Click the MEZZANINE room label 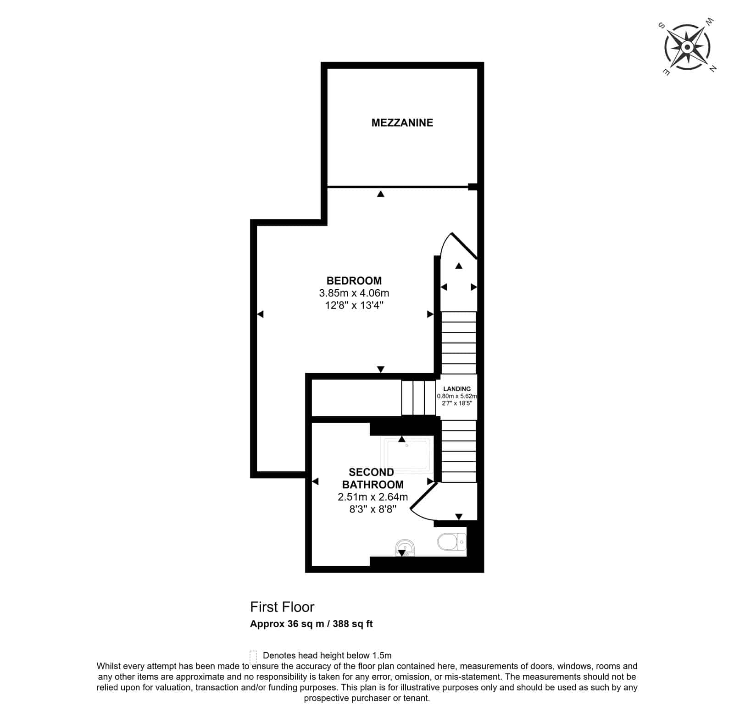402,122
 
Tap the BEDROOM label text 354,281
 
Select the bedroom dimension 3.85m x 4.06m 354,292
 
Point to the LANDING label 457,389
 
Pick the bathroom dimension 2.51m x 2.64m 373,496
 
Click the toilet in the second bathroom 452,542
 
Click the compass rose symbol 687,47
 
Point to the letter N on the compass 712,69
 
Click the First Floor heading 282,607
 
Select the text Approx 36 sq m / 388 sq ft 311,624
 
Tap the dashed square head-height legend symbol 253,655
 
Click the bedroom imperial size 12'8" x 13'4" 354,305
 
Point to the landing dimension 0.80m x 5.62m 457,396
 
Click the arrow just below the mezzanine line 380,194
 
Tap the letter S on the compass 662,26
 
